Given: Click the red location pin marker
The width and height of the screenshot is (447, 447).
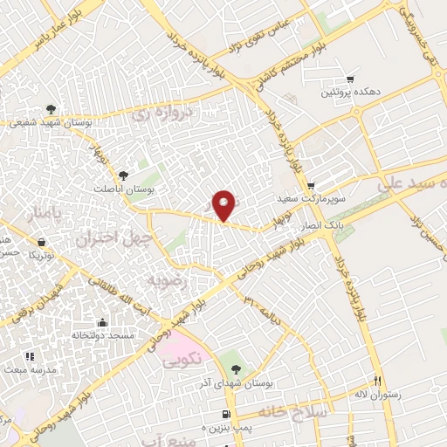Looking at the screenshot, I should pyautogui.click(x=226, y=205).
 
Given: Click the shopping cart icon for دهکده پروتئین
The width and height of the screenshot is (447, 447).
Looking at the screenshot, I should pyautogui.click(x=351, y=79).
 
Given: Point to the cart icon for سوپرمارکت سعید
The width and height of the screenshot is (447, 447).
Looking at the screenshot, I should pyautogui.click(x=311, y=186).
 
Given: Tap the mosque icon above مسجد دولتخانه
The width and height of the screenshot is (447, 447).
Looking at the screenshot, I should pyautogui.click(x=102, y=322).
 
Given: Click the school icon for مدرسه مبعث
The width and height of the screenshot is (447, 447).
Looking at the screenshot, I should pyautogui.click(x=30, y=356).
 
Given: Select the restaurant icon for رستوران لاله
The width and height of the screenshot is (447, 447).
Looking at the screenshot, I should pyautogui.click(x=378, y=381).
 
